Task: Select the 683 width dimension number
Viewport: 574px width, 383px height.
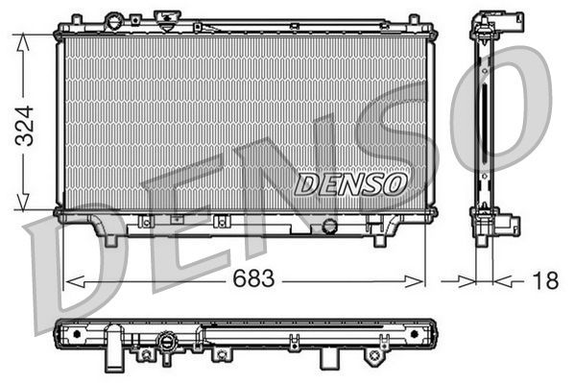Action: click(x=252, y=279)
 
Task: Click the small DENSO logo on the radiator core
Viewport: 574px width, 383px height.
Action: click(x=350, y=183)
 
